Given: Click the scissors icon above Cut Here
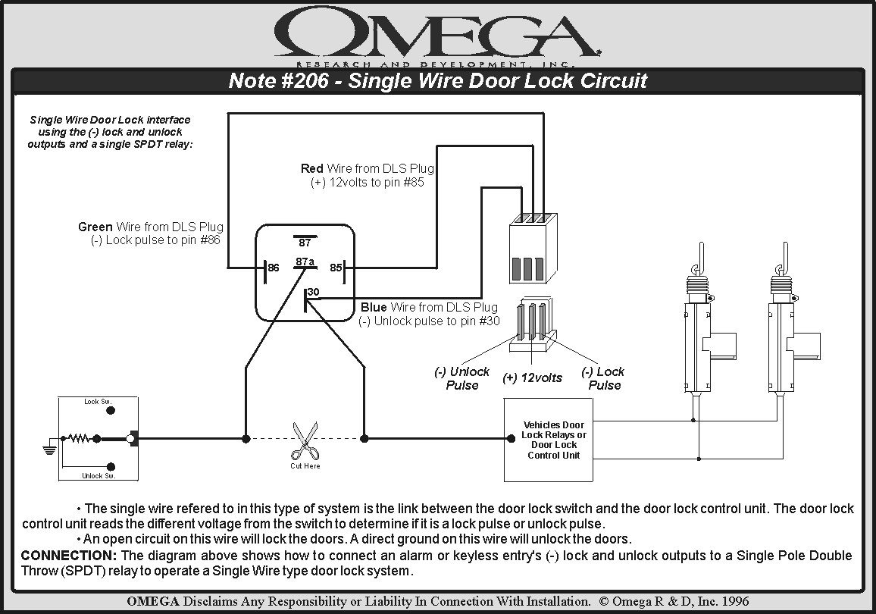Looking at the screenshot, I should click(x=305, y=440).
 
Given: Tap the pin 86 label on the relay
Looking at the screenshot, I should click(x=274, y=268).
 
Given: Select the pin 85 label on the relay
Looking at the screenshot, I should click(x=335, y=268).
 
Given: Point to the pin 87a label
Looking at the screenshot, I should click(x=305, y=262).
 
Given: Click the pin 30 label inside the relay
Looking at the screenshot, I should click(x=313, y=291).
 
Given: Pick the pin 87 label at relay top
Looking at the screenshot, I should click(x=305, y=243).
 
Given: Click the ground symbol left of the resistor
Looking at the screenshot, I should click(x=50, y=448).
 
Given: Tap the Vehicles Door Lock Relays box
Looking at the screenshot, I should click(x=553, y=440).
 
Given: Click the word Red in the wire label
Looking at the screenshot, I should click(x=311, y=168).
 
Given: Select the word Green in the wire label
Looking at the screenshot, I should click(x=95, y=227).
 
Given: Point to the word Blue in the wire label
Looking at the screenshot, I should click(x=374, y=307).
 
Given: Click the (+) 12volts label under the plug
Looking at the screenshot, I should click(x=532, y=377).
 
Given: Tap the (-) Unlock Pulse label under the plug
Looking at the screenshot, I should click(x=461, y=378).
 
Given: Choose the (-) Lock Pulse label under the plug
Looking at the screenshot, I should click(x=603, y=378).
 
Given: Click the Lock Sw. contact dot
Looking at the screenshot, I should click(x=111, y=410).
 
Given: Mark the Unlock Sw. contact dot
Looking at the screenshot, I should click(x=111, y=467).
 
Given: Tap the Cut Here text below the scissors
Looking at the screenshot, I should click(x=305, y=465).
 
